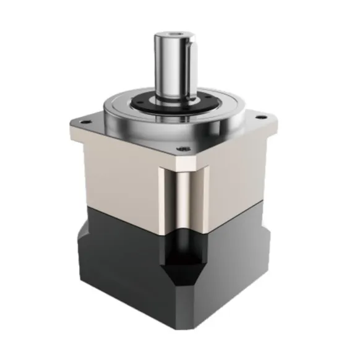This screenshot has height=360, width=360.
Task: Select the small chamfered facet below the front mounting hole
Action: pos(183,160)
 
